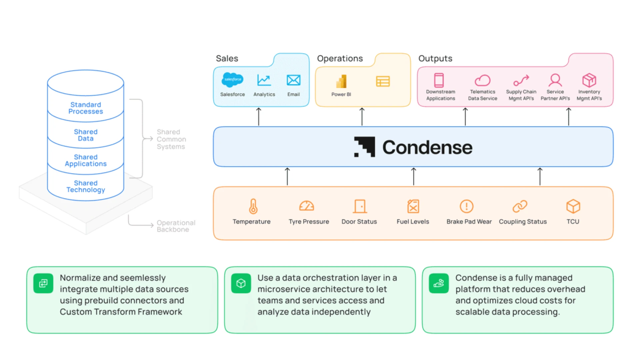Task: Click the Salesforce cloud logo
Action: tap(232, 80)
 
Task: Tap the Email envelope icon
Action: tap(293, 80)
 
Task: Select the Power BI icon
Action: tap(341, 81)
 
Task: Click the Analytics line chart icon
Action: tap(264, 80)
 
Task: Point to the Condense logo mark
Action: tap(364, 147)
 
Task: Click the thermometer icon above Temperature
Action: tap(253, 206)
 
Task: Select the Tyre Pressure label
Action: tap(309, 222)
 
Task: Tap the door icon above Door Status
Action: tap(360, 206)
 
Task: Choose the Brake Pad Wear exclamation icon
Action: tap(466, 206)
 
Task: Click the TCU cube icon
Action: tap(573, 206)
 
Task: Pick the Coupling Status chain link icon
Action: tap(520, 206)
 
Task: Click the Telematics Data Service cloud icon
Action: tap(482, 80)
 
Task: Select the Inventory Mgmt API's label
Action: tap(589, 95)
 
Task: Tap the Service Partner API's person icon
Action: tap(555, 80)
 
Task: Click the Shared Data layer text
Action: tap(86, 135)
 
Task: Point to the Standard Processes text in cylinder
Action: tap(86, 108)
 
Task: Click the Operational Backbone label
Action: tap(176, 226)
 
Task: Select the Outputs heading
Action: tap(435, 58)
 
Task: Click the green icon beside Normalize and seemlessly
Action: tap(43, 283)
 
